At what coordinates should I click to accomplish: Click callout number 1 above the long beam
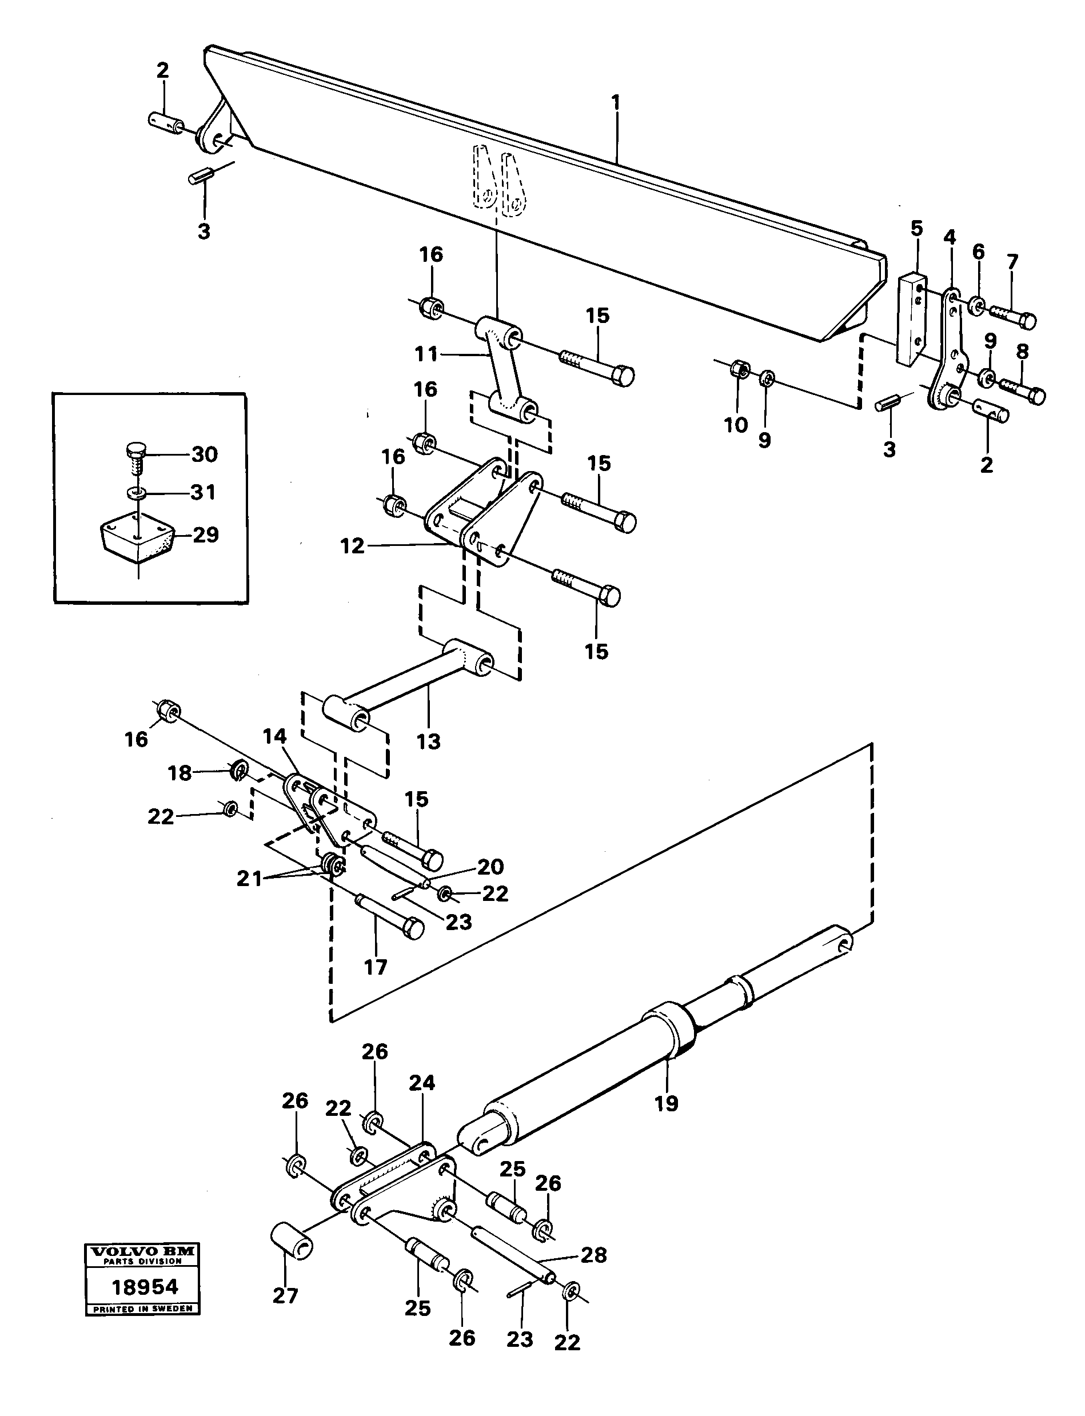616,102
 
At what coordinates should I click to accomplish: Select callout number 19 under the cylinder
667,1103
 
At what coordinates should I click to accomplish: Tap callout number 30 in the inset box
204,454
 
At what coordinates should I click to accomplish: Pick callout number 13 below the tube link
428,742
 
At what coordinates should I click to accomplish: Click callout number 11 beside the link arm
427,354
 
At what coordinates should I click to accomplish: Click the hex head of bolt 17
413,930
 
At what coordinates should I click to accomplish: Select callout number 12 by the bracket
353,547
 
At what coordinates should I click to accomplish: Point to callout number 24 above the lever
422,1083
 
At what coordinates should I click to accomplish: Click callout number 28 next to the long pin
593,1255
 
